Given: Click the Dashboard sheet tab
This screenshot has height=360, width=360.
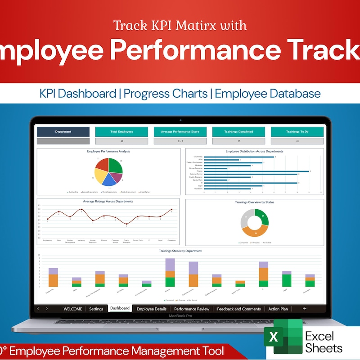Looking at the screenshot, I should (x=120, y=309).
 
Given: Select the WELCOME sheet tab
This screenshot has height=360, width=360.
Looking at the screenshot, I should (x=73, y=309).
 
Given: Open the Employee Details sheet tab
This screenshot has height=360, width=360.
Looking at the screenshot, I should (x=152, y=309).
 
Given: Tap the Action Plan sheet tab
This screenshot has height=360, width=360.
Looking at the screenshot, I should (x=278, y=309).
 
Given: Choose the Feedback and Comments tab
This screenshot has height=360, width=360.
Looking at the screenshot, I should (x=238, y=309).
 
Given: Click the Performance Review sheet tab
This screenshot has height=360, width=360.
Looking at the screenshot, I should (x=192, y=309).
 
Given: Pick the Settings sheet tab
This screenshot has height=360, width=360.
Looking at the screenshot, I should (x=96, y=309).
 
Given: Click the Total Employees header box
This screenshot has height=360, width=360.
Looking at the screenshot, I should (x=121, y=132).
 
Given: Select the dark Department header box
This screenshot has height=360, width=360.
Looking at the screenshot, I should (x=63, y=132).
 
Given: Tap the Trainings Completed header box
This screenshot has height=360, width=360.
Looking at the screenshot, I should (x=238, y=132).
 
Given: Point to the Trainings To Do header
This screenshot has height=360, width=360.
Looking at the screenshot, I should (x=297, y=132).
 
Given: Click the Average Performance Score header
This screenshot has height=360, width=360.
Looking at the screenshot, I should (x=180, y=132).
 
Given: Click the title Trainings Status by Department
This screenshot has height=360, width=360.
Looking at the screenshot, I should (x=180, y=251).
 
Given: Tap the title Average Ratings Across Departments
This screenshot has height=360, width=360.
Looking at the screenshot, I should (x=108, y=201).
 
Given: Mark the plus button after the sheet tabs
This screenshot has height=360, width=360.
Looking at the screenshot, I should (x=305, y=309).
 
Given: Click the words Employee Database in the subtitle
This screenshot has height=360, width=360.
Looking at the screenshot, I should (x=268, y=94).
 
